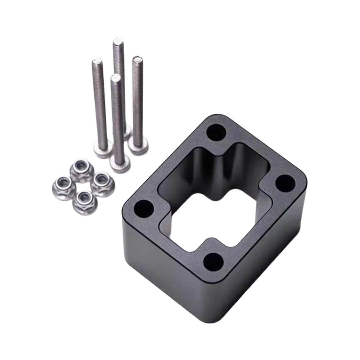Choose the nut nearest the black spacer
(x=103, y=184)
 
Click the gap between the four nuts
(x=82, y=185)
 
